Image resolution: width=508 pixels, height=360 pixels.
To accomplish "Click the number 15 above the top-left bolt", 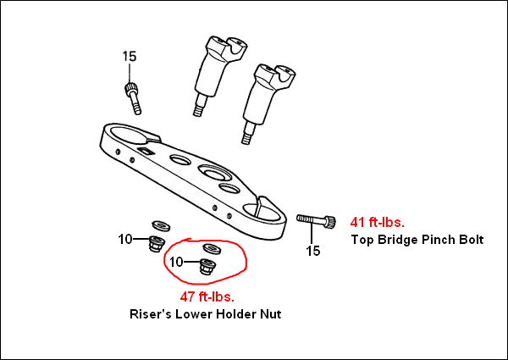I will (129, 57).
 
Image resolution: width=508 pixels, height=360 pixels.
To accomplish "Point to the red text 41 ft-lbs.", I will (378, 223).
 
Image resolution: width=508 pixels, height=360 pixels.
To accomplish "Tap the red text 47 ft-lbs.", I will (207, 296).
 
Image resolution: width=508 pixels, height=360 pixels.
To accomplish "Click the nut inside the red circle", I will (206, 268).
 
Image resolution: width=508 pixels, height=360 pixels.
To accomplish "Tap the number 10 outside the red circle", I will (125, 240).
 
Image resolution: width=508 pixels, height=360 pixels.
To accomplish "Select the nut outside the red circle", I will (155, 244).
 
